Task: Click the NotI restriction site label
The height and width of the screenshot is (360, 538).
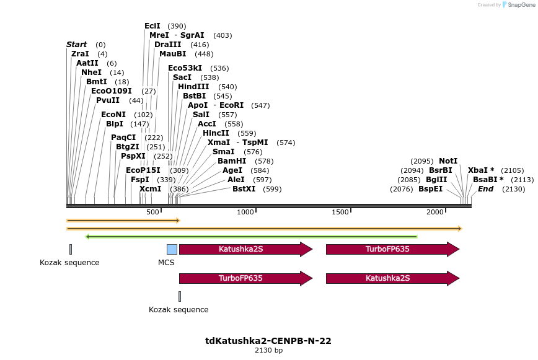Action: [x=448, y=161]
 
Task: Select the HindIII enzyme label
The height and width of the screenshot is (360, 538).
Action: [x=193, y=87]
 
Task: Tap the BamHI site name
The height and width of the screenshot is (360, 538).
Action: [x=231, y=161]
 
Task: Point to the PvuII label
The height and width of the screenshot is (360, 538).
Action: [x=107, y=100]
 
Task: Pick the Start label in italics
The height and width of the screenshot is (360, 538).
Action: [x=77, y=45]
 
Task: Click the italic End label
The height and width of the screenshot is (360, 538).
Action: [x=485, y=189]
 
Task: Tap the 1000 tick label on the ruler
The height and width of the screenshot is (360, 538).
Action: [x=246, y=213]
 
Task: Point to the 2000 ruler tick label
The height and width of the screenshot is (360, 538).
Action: [x=435, y=213]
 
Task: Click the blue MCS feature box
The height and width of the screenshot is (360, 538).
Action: [x=172, y=249]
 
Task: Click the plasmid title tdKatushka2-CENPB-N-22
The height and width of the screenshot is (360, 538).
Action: [x=268, y=341]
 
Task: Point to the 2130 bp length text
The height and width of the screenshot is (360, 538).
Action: [x=268, y=351]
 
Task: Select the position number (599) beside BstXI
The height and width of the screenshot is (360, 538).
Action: [x=272, y=189]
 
